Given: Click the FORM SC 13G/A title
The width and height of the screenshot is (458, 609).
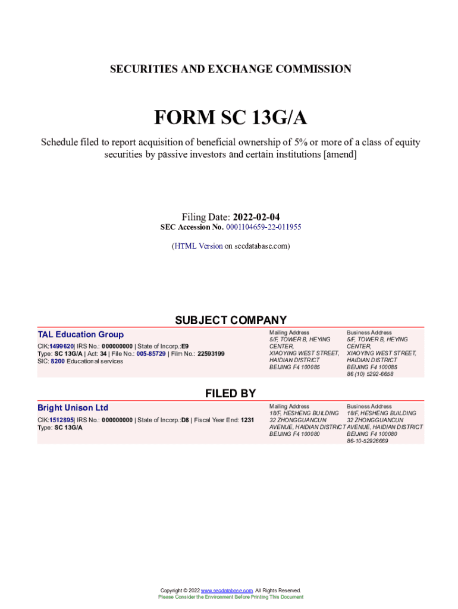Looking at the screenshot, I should [x=231, y=118].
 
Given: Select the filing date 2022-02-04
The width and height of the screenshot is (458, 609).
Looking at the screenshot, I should [x=256, y=217].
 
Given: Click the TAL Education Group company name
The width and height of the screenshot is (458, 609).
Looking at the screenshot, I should [x=80, y=334].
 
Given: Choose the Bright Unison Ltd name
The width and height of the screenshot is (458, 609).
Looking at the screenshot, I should [x=73, y=407].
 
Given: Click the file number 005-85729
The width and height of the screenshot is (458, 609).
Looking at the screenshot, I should [x=151, y=354].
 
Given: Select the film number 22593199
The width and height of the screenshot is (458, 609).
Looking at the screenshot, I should [x=211, y=354].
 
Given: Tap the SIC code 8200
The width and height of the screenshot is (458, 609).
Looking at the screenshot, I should [x=58, y=361].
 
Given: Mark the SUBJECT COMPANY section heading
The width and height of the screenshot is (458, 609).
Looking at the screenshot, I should [x=231, y=320].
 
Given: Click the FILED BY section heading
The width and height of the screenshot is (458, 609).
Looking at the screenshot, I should [x=231, y=393].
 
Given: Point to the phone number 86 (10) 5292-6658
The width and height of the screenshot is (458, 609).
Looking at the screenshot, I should [x=370, y=374].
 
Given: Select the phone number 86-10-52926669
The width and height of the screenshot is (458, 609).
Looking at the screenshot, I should [x=368, y=441].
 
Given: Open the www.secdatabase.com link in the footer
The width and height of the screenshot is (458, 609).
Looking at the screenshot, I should [x=227, y=591].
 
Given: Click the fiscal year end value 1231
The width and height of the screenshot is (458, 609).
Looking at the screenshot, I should [x=247, y=420].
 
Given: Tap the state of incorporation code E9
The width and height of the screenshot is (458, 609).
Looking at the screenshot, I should [x=185, y=346].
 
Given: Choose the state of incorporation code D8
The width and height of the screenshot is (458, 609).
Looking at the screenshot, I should [x=185, y=420].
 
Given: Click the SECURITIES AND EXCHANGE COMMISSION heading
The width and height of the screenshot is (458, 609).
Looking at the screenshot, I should [x=231, y=69].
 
